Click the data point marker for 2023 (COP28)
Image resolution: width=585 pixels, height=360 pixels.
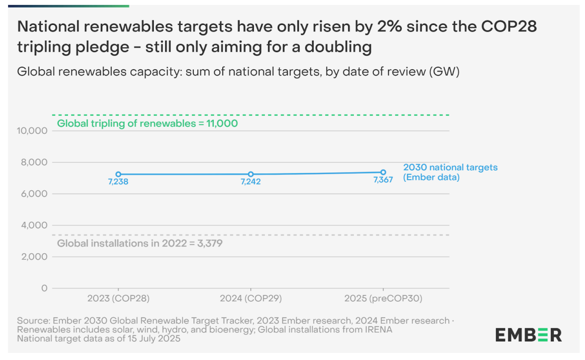tap(118, 174)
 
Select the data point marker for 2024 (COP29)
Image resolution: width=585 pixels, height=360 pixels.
tap(251, 174)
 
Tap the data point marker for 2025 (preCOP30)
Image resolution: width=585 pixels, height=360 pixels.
tap(383, 172)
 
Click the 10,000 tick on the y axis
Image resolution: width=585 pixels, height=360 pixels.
tap(32, 131)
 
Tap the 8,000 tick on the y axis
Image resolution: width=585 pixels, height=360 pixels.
tap(34, 163)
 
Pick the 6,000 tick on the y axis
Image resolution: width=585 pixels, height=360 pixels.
tap(34, 194)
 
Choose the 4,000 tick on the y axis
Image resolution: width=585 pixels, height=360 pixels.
tap(34, 226)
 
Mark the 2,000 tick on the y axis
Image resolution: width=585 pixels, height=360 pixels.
tap(34, 257)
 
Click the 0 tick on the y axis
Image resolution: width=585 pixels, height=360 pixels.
tap(44, 288)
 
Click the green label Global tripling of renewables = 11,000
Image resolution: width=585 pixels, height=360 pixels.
tap(148, 124)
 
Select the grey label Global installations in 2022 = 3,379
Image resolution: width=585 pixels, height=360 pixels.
tap(140, 244)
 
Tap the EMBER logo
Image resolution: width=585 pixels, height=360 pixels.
tap(529, 335)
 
